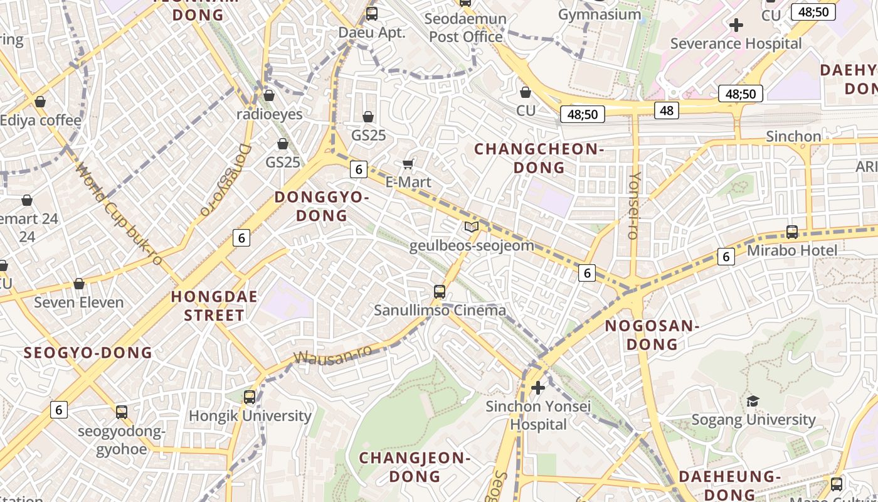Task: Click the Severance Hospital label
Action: pyautogui.click(x=736, y=44)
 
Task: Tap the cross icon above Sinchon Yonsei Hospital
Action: pyautogui.click(x=537, y=388)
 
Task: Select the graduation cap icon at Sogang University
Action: pyautogui.click(x=753, y=401)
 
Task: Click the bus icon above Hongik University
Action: pyautogui.click(x=250, y=397)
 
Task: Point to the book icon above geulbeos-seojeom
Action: pyautogui.click(x=472, y=227)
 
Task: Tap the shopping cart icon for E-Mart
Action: pyautogui.click(x=408, y=164)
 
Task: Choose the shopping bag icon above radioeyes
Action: pyautogui.click(x=269, y=95)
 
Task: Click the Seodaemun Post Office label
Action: pyautogui.click(x=465, y=28)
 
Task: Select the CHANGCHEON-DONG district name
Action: pyautogui.click(x=539, y=158)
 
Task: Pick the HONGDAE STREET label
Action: pyautogui.click(x=214, y=306)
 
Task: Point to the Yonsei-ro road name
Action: pyautogui.click(x=633, y=205)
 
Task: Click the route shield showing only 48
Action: pyautogui.click(x=666, y=111)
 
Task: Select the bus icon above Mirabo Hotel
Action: pyautogui.click(x=791, y=232)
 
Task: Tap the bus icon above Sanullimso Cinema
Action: pyautogui.click(x=440, y=292)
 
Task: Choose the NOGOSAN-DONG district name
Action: pyautogui.click(x=652, y=335)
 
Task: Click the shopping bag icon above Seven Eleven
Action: pyautogui.click(x=79, y=284)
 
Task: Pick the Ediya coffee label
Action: pyautogui.click(x=41, y=120)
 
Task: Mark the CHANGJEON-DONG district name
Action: pyautogui.click(x=415, y=467)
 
